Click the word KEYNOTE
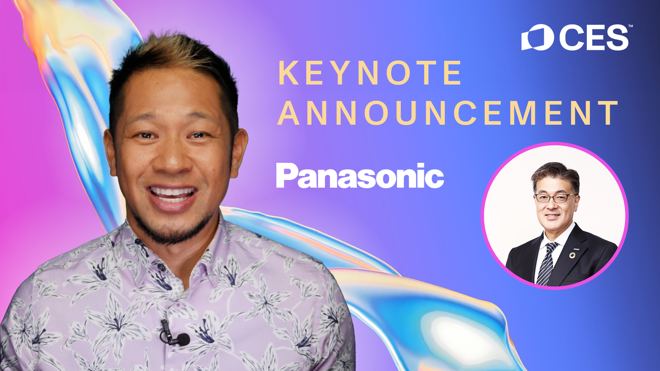click(x=370, y=73)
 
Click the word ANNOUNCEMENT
click(x=448, y=113)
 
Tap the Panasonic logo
click(x=360, y=176)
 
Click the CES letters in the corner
click(x=594, y=38)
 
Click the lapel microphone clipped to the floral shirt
click(x=174, y=334)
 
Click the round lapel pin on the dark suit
click(x=572, y=255)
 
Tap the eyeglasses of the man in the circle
click(x=555, y=198)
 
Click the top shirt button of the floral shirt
click(x=161, y=267)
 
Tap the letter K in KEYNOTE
click(x=285, y=73)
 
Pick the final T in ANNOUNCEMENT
click(x=609, y=113)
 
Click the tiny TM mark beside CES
click(x=631, y=26)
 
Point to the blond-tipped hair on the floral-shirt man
click(x=174, y=52)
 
